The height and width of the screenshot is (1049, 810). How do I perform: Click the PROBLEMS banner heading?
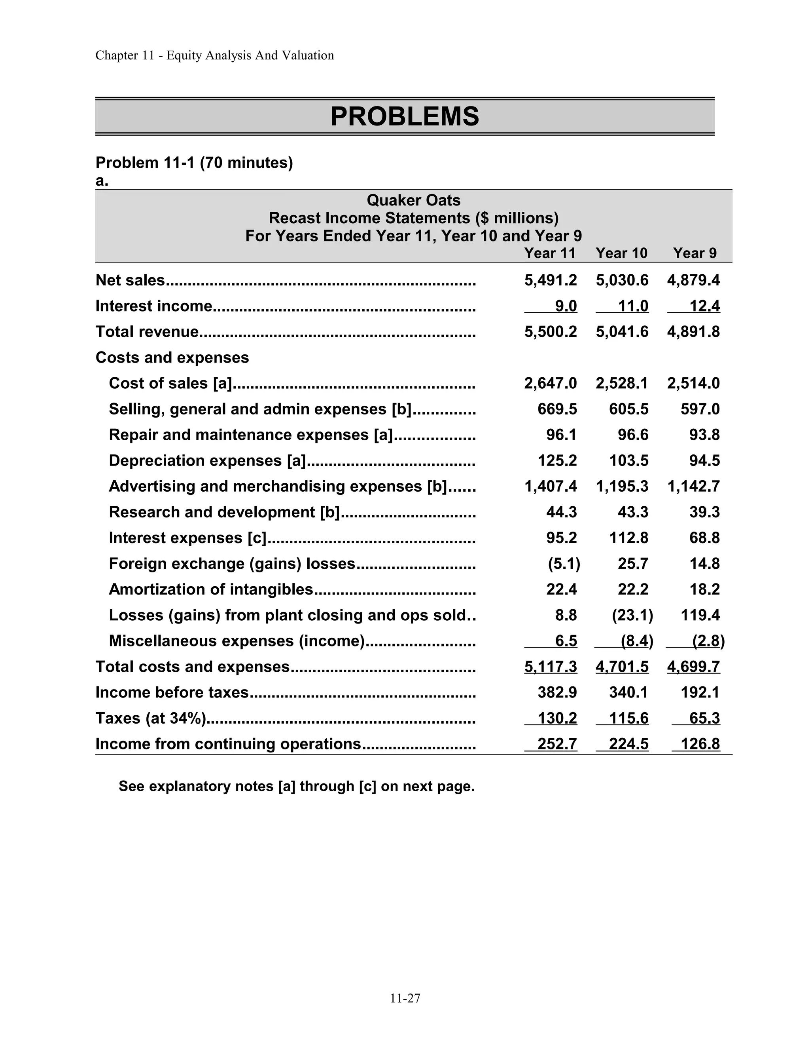tap(405, 116)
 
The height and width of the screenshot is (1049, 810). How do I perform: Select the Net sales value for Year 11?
tap(551, 280)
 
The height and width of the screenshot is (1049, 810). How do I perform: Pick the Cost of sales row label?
tap(170, 383)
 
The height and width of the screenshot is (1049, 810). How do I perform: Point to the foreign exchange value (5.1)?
tap(564, 563)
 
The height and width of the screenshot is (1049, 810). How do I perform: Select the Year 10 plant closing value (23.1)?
tap(632, 615)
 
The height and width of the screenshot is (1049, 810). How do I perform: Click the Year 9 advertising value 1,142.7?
tap(693, 486)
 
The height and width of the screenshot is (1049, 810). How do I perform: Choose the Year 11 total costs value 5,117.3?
tap(551, 667)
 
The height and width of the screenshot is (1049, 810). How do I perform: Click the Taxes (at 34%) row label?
tap(151, 718)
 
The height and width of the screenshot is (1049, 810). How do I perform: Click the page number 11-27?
tap(405, 999)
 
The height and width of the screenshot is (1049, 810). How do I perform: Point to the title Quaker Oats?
tap(413, 200)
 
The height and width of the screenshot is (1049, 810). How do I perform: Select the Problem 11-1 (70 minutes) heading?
tap(194, 163)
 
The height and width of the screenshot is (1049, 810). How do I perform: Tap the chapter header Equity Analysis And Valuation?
tap(214, 55)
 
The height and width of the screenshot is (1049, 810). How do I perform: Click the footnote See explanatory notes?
tap(296, 786)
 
